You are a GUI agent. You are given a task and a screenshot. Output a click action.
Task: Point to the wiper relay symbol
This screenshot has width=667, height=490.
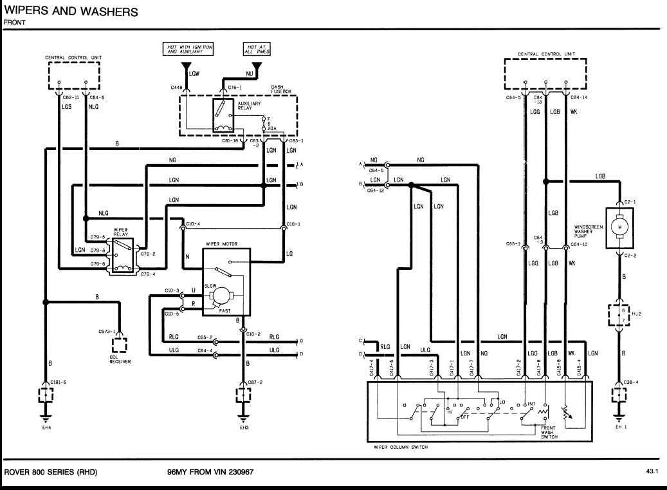(122, 256)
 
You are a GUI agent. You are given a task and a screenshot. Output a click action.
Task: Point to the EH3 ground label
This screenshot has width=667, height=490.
(244, 426)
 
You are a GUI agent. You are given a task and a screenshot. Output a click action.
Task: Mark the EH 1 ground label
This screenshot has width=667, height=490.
(620, 426)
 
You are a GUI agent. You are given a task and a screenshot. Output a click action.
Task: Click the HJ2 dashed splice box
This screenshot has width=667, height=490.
(620, 313)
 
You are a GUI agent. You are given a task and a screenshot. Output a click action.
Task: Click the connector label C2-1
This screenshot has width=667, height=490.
(630, 202)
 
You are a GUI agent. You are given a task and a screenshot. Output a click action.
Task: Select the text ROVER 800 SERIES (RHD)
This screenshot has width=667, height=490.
(51, 471)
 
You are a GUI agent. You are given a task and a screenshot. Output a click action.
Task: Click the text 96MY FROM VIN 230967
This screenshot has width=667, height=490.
(210, 471)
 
